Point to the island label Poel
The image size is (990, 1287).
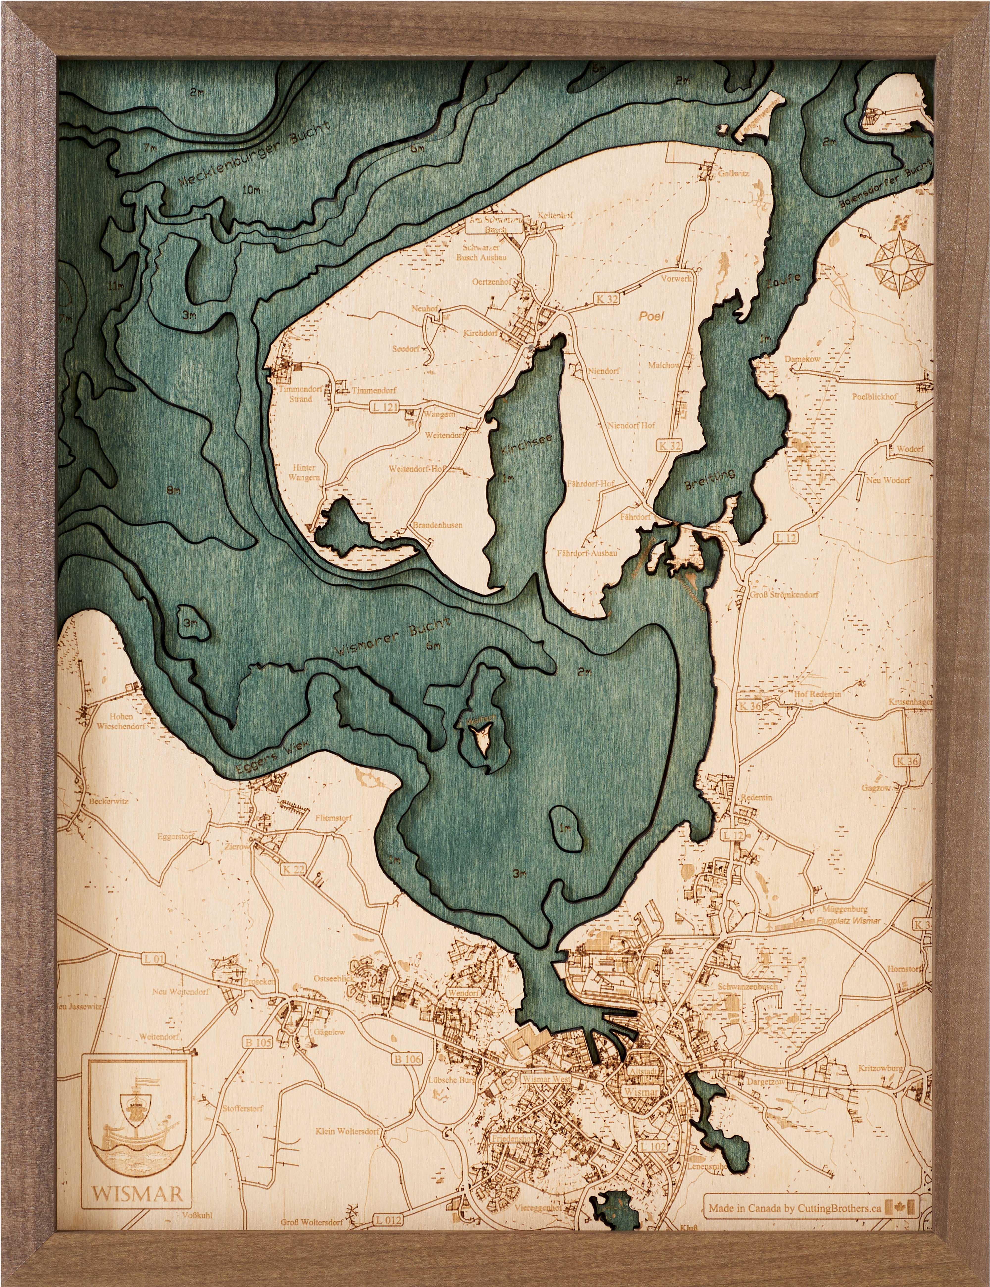651,316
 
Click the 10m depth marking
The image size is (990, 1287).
250,190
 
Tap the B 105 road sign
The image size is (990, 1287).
258,1042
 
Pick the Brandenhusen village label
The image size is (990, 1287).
437,524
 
